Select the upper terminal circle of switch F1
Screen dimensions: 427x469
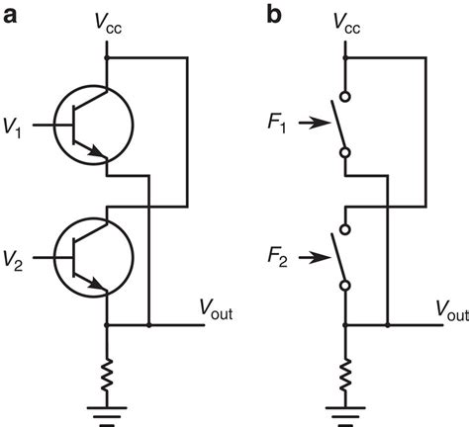coord(344,96)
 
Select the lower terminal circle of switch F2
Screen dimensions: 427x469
coord(344,287)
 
